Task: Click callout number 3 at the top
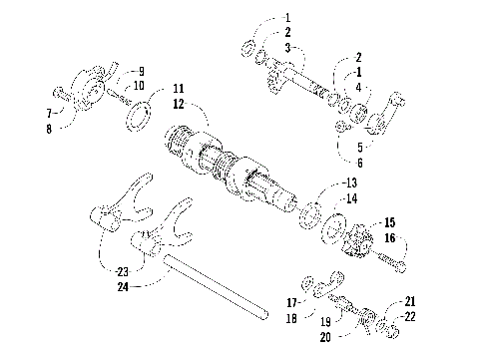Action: pos(288,47)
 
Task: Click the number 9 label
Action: pos(141,71)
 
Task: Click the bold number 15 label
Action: pos(388,221)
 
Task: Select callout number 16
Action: pos(388,238)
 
